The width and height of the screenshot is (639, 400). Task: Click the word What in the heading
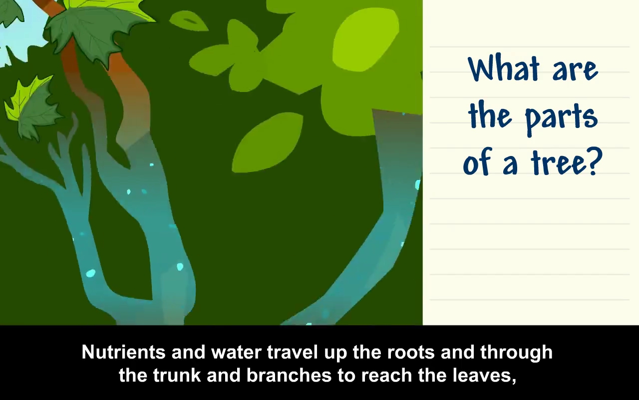tap(504, 68)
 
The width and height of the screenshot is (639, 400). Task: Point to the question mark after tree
tap(594, 161)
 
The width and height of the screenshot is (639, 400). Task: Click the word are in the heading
tap(575, 71)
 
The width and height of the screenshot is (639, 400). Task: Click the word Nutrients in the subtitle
tap(123, 352)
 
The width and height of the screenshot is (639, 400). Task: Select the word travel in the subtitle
tap(293, 352)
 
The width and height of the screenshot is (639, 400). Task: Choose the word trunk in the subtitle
tap(177, 375)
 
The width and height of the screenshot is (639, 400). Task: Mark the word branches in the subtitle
tap(289, 375)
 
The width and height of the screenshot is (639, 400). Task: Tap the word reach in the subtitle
tap(387, 375)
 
